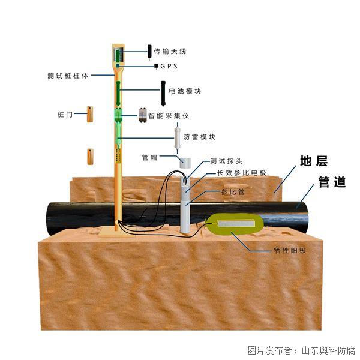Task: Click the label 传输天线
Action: tap(170, 52)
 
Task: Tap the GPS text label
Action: tap(169, 67)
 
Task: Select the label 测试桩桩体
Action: tap(68, 76)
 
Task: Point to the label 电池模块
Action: tap(185, 91)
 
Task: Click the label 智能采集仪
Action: tap(169, 116)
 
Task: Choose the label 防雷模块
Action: tap(199, 137)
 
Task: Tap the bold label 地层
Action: tap(314, 161)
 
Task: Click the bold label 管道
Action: tap(332, 182)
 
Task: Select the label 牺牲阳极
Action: tap(290, 250)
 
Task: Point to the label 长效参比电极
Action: tap(242, 173)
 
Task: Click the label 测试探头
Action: tap(226, 161)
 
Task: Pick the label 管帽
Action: tap(149, 157)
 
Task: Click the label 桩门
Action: tap(65, 115)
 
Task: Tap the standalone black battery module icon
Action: tap(163, 94)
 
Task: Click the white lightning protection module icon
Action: tap(177, 138)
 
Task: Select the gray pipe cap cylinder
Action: tap(185, 163)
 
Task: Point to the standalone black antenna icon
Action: tap(149, 52)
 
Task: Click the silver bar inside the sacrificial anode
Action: tap(236, 223)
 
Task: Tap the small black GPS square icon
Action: tap(156, 66)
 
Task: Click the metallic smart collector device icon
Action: tap(143, 115)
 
